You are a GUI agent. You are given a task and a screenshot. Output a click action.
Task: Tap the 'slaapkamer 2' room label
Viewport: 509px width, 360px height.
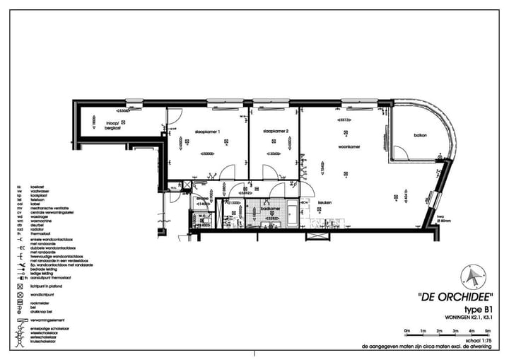(274, 132)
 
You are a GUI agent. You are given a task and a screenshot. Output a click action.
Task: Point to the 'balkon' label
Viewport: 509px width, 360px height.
(419, 136)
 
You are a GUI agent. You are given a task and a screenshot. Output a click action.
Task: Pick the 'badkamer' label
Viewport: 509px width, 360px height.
(270, 209)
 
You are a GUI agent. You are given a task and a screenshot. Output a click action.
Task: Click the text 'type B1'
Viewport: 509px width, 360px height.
(479, 309)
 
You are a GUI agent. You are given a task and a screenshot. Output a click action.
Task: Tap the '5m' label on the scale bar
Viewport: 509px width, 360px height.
(488, 330)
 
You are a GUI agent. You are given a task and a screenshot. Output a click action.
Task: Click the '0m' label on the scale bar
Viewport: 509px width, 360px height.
(406, 330)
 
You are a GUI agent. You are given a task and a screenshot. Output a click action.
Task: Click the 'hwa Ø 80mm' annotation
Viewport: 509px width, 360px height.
(444, 219)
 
